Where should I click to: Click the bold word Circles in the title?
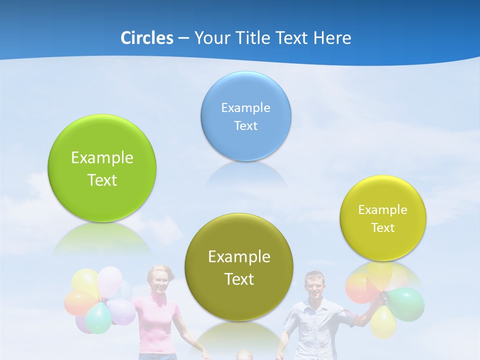[146, 38]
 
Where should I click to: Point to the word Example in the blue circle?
[246, 107]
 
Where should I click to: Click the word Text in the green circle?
[102, 180]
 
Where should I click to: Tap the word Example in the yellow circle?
[383, 209]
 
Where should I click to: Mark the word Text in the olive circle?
[239, 279]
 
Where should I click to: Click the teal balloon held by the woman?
[98, 317]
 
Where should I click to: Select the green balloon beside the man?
[406, 304]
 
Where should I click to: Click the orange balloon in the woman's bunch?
[78, 303]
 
